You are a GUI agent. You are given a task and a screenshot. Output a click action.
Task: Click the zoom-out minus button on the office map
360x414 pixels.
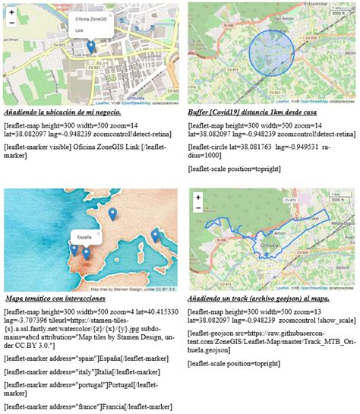click(x=12, y=24)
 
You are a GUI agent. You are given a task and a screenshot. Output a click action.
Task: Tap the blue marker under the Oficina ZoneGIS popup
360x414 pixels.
click(x=90, y=48)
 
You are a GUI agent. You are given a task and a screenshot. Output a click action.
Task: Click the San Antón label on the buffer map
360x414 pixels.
click(x=283, y=18)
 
